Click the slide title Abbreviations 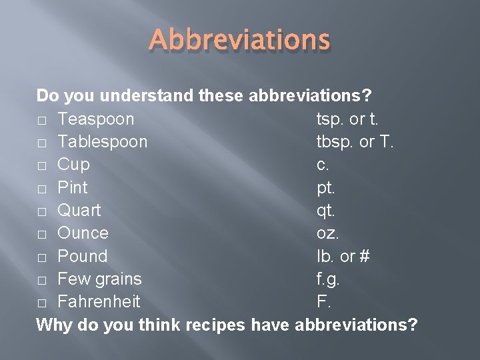[x=240, y=41]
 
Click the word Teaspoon [x=95, y=119]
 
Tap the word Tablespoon [x=103, y=142]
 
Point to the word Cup [x=73, y=165]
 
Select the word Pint [x=72, y=187]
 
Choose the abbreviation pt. [x=326, y=188]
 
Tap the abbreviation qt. [x=326, y=211]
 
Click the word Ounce [x=83, y=233]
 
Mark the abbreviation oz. [x=327, y=233]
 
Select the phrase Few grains [x=99, y=279]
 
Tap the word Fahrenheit [x=99, y=301]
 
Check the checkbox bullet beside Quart [x=42, y=211]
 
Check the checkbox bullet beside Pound [x=42, y=257]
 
